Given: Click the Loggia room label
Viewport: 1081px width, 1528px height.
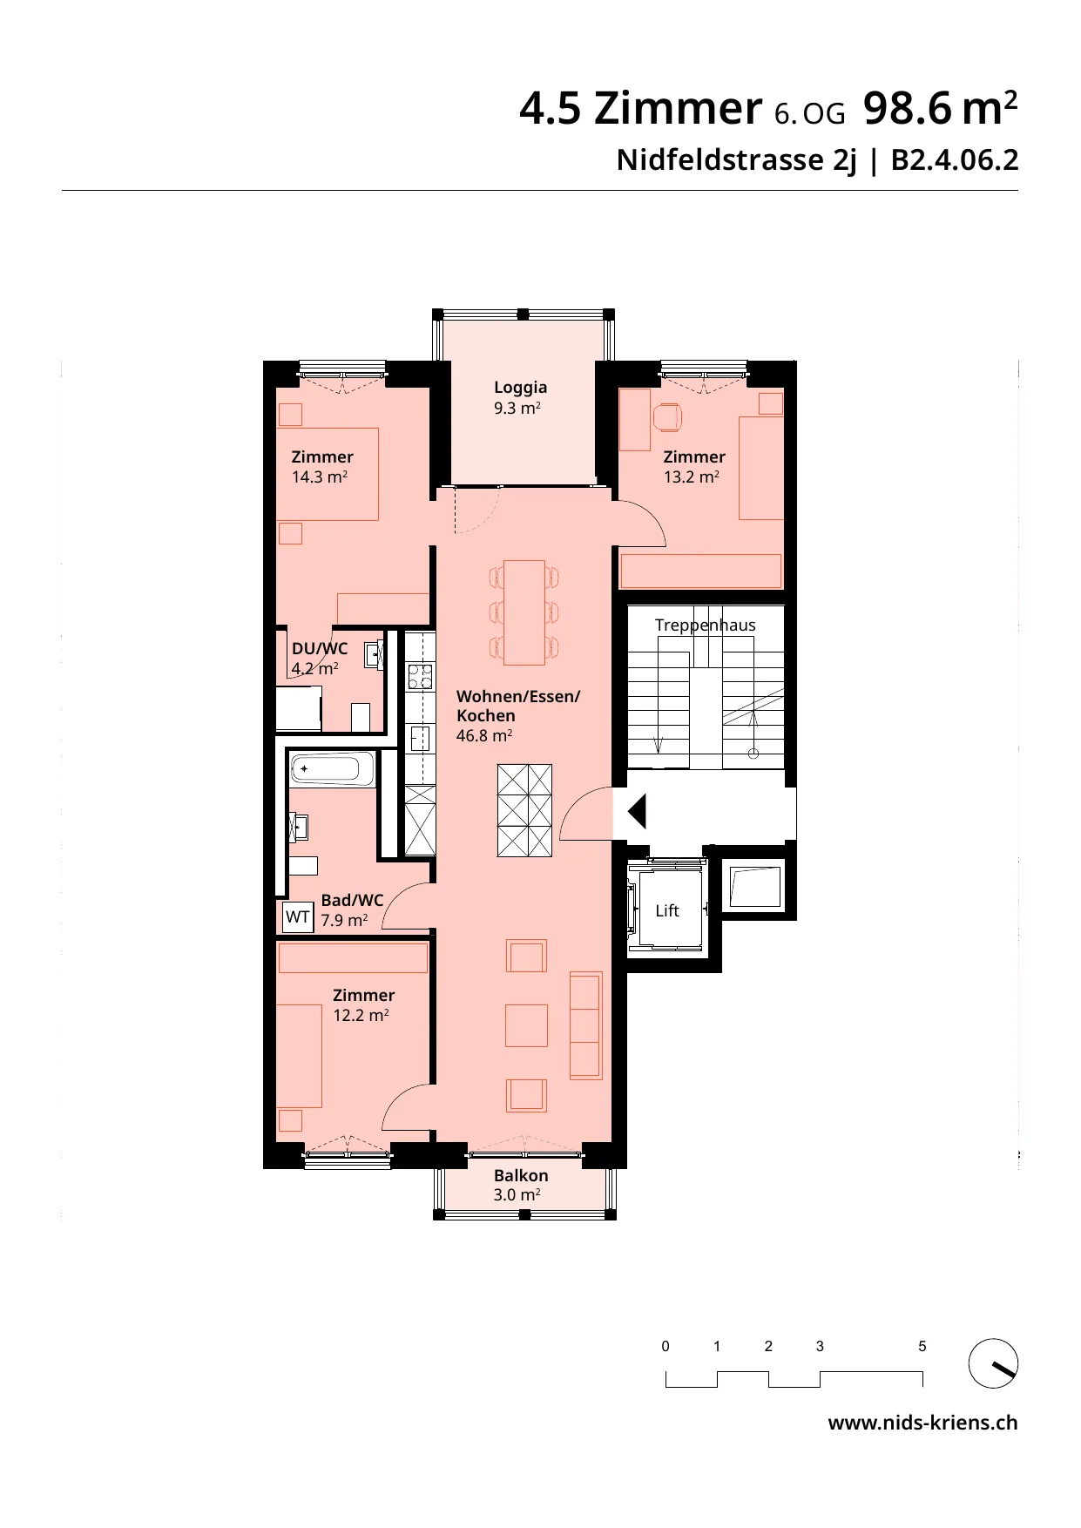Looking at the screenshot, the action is pyautogui.click(x=520, y=388).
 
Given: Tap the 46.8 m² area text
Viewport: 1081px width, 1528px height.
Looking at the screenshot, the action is pyautogui.click(x=483, y=735).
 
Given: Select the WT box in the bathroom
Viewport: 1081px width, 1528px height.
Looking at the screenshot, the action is pyautogui.click(x=298, y=917).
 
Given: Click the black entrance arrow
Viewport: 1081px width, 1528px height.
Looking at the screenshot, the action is pyautogui.click(x=637, y=812).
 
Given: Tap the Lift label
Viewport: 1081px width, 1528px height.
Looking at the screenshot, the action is pyautogui.click(x=667, y=910).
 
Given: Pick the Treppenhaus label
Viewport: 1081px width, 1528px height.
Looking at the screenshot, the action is pyautogui.click(x=705, y=625).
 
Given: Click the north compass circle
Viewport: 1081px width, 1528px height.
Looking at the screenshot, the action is pyautogui.click(x=993, y=1363).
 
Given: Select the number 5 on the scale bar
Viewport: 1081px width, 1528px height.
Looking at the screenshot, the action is pyautogui.click(x=922, y=1346).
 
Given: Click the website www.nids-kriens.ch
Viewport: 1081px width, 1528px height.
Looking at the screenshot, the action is pyautogui.click(x=922, y=1423).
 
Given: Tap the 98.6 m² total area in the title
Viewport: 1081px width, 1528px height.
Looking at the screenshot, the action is pyautogui.click(x=941, y=108).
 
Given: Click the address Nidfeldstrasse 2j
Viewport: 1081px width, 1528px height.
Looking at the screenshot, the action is pyautogui.click(x=737, y=160).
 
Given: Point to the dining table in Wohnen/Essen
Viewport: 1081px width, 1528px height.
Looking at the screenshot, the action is pyautogui.click(x=524, y=612).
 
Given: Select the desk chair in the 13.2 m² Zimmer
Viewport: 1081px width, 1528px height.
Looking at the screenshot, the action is pyautogui.click(x=667, y=416).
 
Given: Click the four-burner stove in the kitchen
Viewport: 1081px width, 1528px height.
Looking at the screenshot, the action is pyautogui.click(x=420, y=677).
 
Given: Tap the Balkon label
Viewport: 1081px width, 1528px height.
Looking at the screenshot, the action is pyautogui.click(x=521, y=1175).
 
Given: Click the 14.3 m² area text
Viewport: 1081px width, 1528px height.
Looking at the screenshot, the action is pyautogui.click(x=320, y=477).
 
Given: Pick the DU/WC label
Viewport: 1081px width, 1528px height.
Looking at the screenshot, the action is pyautogui.click(x=320, y=649).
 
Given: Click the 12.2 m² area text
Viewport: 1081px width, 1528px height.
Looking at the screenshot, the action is pyautogui.click(x=361, y=1015).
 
